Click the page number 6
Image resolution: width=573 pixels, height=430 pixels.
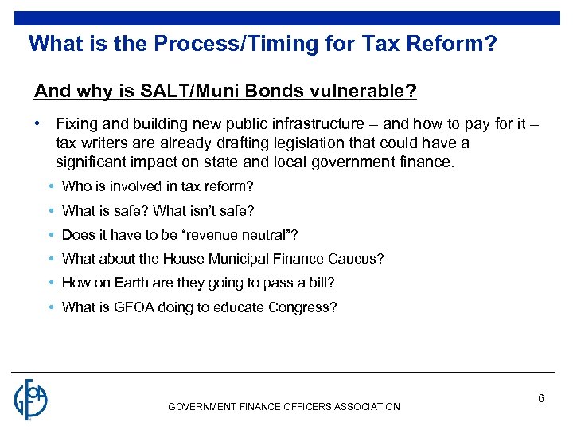540,398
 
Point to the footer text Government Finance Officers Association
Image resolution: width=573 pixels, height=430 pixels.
284,407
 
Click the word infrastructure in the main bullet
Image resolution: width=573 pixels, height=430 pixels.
321,125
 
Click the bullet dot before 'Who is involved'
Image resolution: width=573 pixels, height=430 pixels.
50,187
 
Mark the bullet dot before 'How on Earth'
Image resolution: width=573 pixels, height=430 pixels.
50,283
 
